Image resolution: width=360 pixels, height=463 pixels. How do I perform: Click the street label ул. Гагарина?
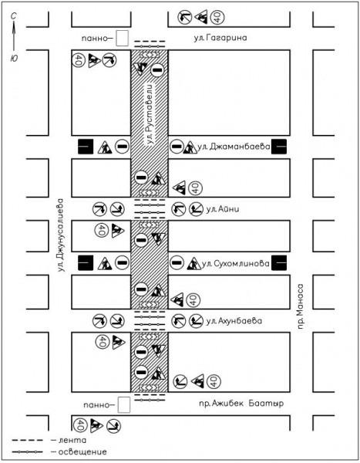coord(220,38)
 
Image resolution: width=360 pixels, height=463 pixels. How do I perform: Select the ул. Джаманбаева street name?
coord(234,147)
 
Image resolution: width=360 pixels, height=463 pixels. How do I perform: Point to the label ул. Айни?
coord(223,209)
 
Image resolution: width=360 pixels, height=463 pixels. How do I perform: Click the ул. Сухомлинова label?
coord(235,263)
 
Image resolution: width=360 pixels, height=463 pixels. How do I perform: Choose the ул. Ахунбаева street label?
coord(234,321)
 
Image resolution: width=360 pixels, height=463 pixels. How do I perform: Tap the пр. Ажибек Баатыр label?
coord(241,404)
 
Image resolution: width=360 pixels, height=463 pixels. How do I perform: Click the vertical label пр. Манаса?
coord(300,306)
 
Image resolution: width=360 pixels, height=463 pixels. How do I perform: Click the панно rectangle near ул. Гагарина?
coord(122,39)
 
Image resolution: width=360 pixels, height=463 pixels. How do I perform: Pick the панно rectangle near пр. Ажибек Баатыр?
coord(124,405)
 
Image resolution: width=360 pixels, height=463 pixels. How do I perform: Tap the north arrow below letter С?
coord(14,36)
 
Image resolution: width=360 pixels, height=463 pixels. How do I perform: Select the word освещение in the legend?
coord(82,451)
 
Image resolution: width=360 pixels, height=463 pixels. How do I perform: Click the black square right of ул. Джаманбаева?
coord(279,147)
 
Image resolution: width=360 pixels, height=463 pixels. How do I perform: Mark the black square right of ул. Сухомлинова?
coord(279,263)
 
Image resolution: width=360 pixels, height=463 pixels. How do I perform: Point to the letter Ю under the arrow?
coord(14,58)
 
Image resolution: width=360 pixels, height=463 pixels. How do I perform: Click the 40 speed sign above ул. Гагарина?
coord(217,18)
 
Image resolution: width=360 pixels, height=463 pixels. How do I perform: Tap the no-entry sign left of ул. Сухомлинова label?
coord(177,262)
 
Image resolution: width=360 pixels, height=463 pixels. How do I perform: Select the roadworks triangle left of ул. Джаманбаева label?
coord(190,147)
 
